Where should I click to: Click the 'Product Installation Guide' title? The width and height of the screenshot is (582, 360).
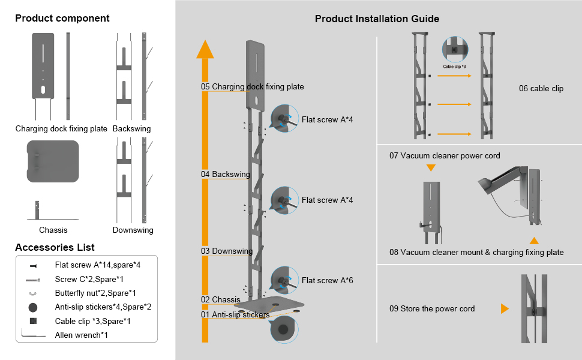377,19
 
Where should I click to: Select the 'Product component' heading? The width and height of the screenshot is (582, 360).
62,18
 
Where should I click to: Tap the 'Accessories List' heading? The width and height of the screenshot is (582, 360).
55,247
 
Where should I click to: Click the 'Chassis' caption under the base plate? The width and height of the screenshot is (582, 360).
53,230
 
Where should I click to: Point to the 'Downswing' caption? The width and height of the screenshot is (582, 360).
133,230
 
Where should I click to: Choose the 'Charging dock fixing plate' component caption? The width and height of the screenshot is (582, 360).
61,128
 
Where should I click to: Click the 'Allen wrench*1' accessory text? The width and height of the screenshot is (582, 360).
82,334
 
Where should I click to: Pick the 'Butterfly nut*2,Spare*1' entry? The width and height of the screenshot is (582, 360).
95,293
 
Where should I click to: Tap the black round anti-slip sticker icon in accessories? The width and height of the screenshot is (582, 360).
33,307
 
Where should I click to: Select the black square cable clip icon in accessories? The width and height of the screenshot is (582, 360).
33,321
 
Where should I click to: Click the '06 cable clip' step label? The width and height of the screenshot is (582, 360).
541,89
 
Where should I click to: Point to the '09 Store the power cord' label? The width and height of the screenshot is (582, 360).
432,309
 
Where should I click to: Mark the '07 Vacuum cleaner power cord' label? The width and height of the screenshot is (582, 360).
445,156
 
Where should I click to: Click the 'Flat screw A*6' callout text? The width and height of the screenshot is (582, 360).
328,280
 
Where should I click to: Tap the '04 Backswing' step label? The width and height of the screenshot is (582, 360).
226,175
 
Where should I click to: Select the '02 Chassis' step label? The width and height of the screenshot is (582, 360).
221,299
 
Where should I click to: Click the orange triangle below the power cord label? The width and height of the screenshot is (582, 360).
431,168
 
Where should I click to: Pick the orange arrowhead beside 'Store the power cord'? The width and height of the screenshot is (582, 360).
505,309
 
